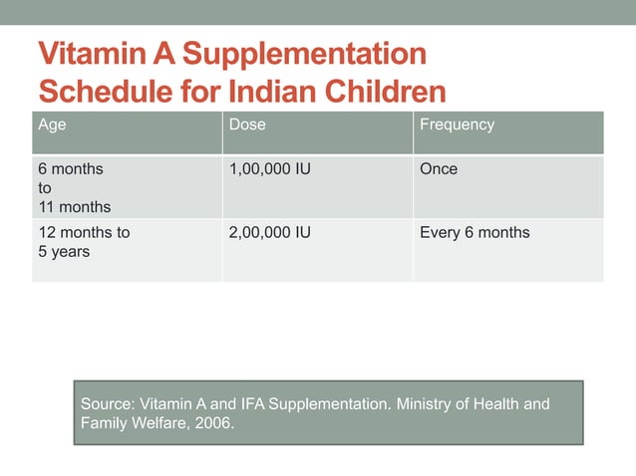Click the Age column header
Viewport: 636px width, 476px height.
(52, 125)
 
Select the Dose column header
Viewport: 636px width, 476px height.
(247, 125)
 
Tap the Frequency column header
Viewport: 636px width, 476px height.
(457, 125)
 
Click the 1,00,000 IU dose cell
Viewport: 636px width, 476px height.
(270, 169)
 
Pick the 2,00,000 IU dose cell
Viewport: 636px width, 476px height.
(270, 233)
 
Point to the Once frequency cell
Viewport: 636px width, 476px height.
(439, 169)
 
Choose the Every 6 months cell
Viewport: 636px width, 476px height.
(475, 233)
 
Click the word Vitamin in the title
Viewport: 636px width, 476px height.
(91, 55)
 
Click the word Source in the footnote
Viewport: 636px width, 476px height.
(108, 405)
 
